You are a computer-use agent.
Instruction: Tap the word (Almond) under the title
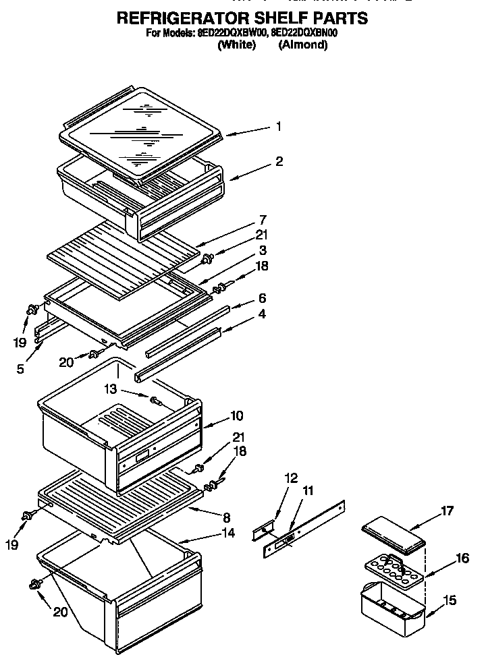point(303,45)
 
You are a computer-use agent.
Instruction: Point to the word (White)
point(236,45)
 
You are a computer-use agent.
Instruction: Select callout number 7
point(262,220)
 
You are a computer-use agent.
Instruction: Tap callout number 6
point(262,297)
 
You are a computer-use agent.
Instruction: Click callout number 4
point(262,314)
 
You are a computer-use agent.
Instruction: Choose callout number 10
point(236,415)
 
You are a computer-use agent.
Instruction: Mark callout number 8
point(226,518)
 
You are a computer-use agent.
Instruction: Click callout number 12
point(291,478)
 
